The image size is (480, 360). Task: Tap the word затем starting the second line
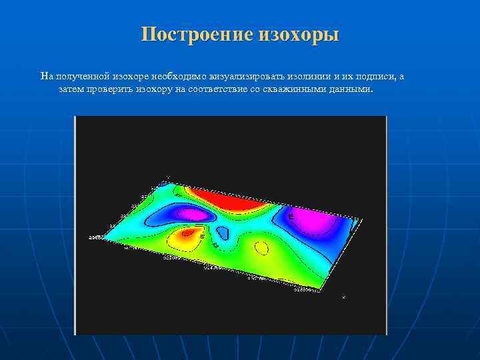(71, 88)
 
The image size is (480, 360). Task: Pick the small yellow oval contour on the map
(262, 248)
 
